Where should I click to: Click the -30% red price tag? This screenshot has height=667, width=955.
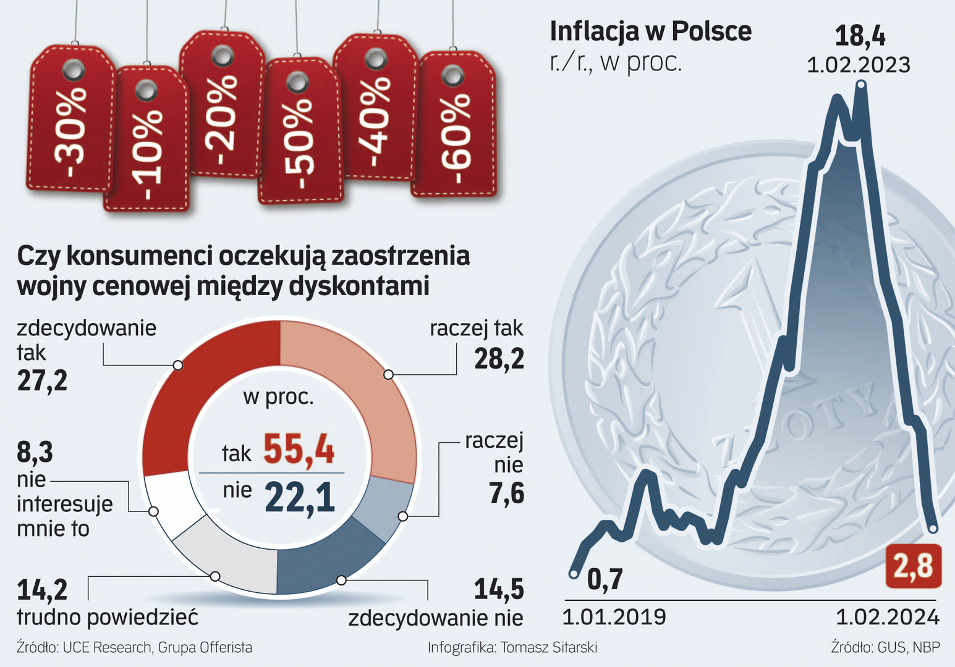click(70, 124)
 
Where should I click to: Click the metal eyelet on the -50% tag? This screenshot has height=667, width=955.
click(297, 82)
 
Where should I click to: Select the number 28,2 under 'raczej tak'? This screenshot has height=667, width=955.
click(499, 358)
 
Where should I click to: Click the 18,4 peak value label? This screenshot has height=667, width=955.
click(860, 36)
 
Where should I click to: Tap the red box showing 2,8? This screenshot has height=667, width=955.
click(913, 566)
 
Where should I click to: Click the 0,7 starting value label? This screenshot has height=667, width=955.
click(605, 579)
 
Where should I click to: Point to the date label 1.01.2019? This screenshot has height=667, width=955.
click(614, 617)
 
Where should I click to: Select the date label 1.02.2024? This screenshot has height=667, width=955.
click(888, 617)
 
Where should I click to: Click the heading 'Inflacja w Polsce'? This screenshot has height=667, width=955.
click(650, 31)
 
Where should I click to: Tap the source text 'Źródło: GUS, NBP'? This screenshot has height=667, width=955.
click(885, 647)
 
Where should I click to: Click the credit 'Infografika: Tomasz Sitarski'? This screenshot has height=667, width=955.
click(512, 647)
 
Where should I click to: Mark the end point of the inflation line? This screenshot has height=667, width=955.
click(933, 529)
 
